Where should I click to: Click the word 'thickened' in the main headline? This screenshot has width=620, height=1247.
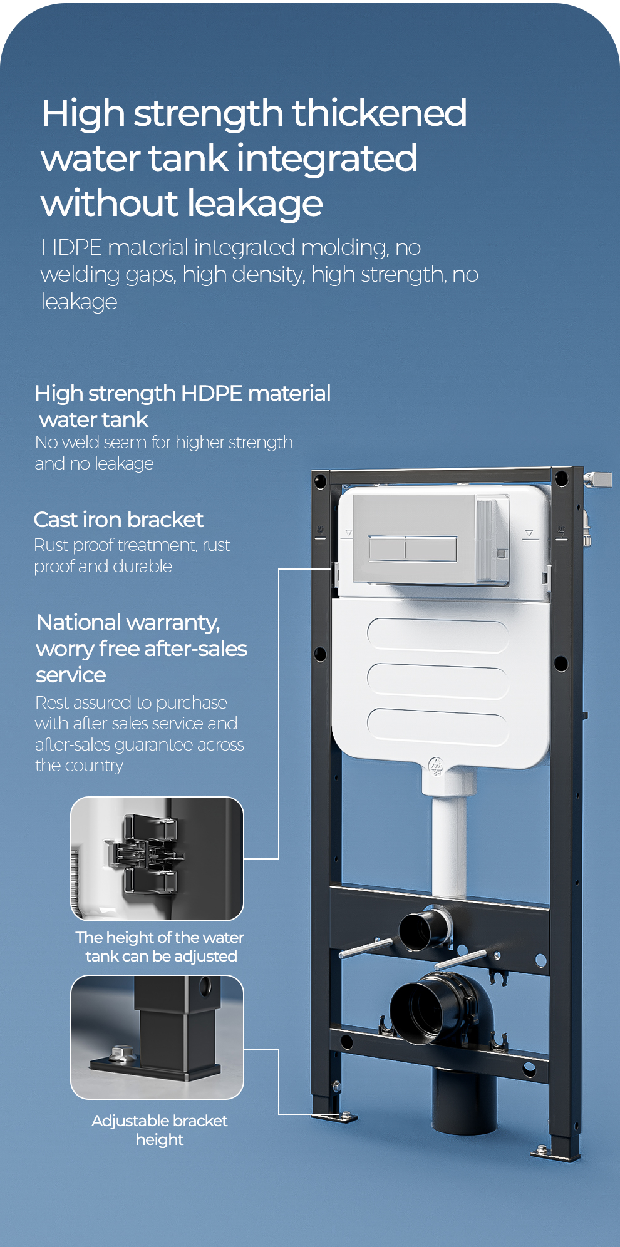coord(380,113)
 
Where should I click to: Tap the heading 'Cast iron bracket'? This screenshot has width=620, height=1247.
coord(118,520)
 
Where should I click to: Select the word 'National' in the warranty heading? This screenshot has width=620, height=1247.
coord(79,622)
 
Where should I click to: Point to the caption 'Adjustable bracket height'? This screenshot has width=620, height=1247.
coord(160,1130)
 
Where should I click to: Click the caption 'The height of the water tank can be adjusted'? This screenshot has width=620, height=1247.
coord(160,947)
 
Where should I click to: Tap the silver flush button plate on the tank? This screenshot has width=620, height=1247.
coord(430,538)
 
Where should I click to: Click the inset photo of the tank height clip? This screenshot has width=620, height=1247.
coord(157,859)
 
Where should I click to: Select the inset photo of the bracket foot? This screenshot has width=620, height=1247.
coord(157,1037)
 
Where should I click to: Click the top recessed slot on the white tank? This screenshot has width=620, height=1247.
coord(438,635)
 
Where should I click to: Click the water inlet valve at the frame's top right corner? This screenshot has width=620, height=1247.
coord(597,480)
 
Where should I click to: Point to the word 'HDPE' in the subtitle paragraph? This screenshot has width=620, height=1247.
coord(71,247)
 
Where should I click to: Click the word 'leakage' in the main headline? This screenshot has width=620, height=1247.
coord(255,205)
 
